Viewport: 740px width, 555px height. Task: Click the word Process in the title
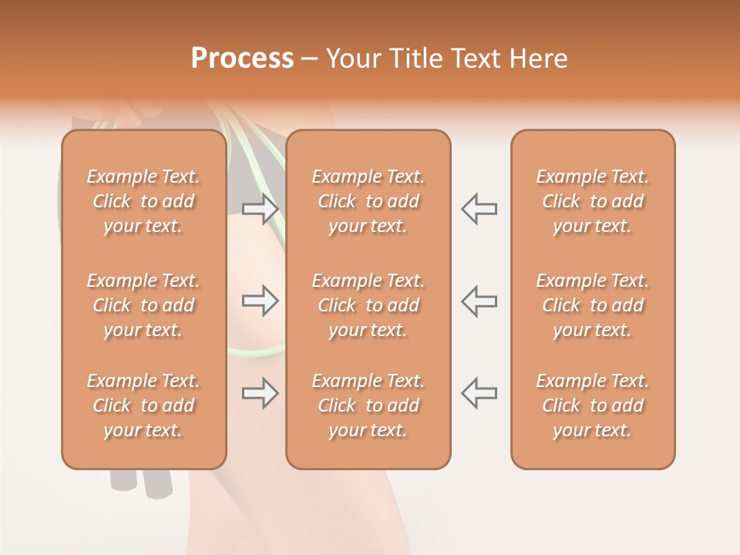242,58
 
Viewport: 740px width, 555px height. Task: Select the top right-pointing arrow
261,209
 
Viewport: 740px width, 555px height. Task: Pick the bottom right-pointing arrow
261,393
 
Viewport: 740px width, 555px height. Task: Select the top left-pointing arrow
479,209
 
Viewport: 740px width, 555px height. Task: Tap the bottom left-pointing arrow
479,393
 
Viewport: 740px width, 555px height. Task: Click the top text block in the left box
143,201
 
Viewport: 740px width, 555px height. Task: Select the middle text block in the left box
143,305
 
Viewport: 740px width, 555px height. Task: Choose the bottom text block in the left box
143,405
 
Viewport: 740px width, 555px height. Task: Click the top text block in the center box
368,201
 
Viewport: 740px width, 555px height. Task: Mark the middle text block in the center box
368,305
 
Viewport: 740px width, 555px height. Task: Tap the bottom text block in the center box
368,405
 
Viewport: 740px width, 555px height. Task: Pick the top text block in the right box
592,201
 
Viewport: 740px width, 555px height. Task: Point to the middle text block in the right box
592,305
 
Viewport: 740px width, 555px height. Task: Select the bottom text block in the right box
592,405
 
